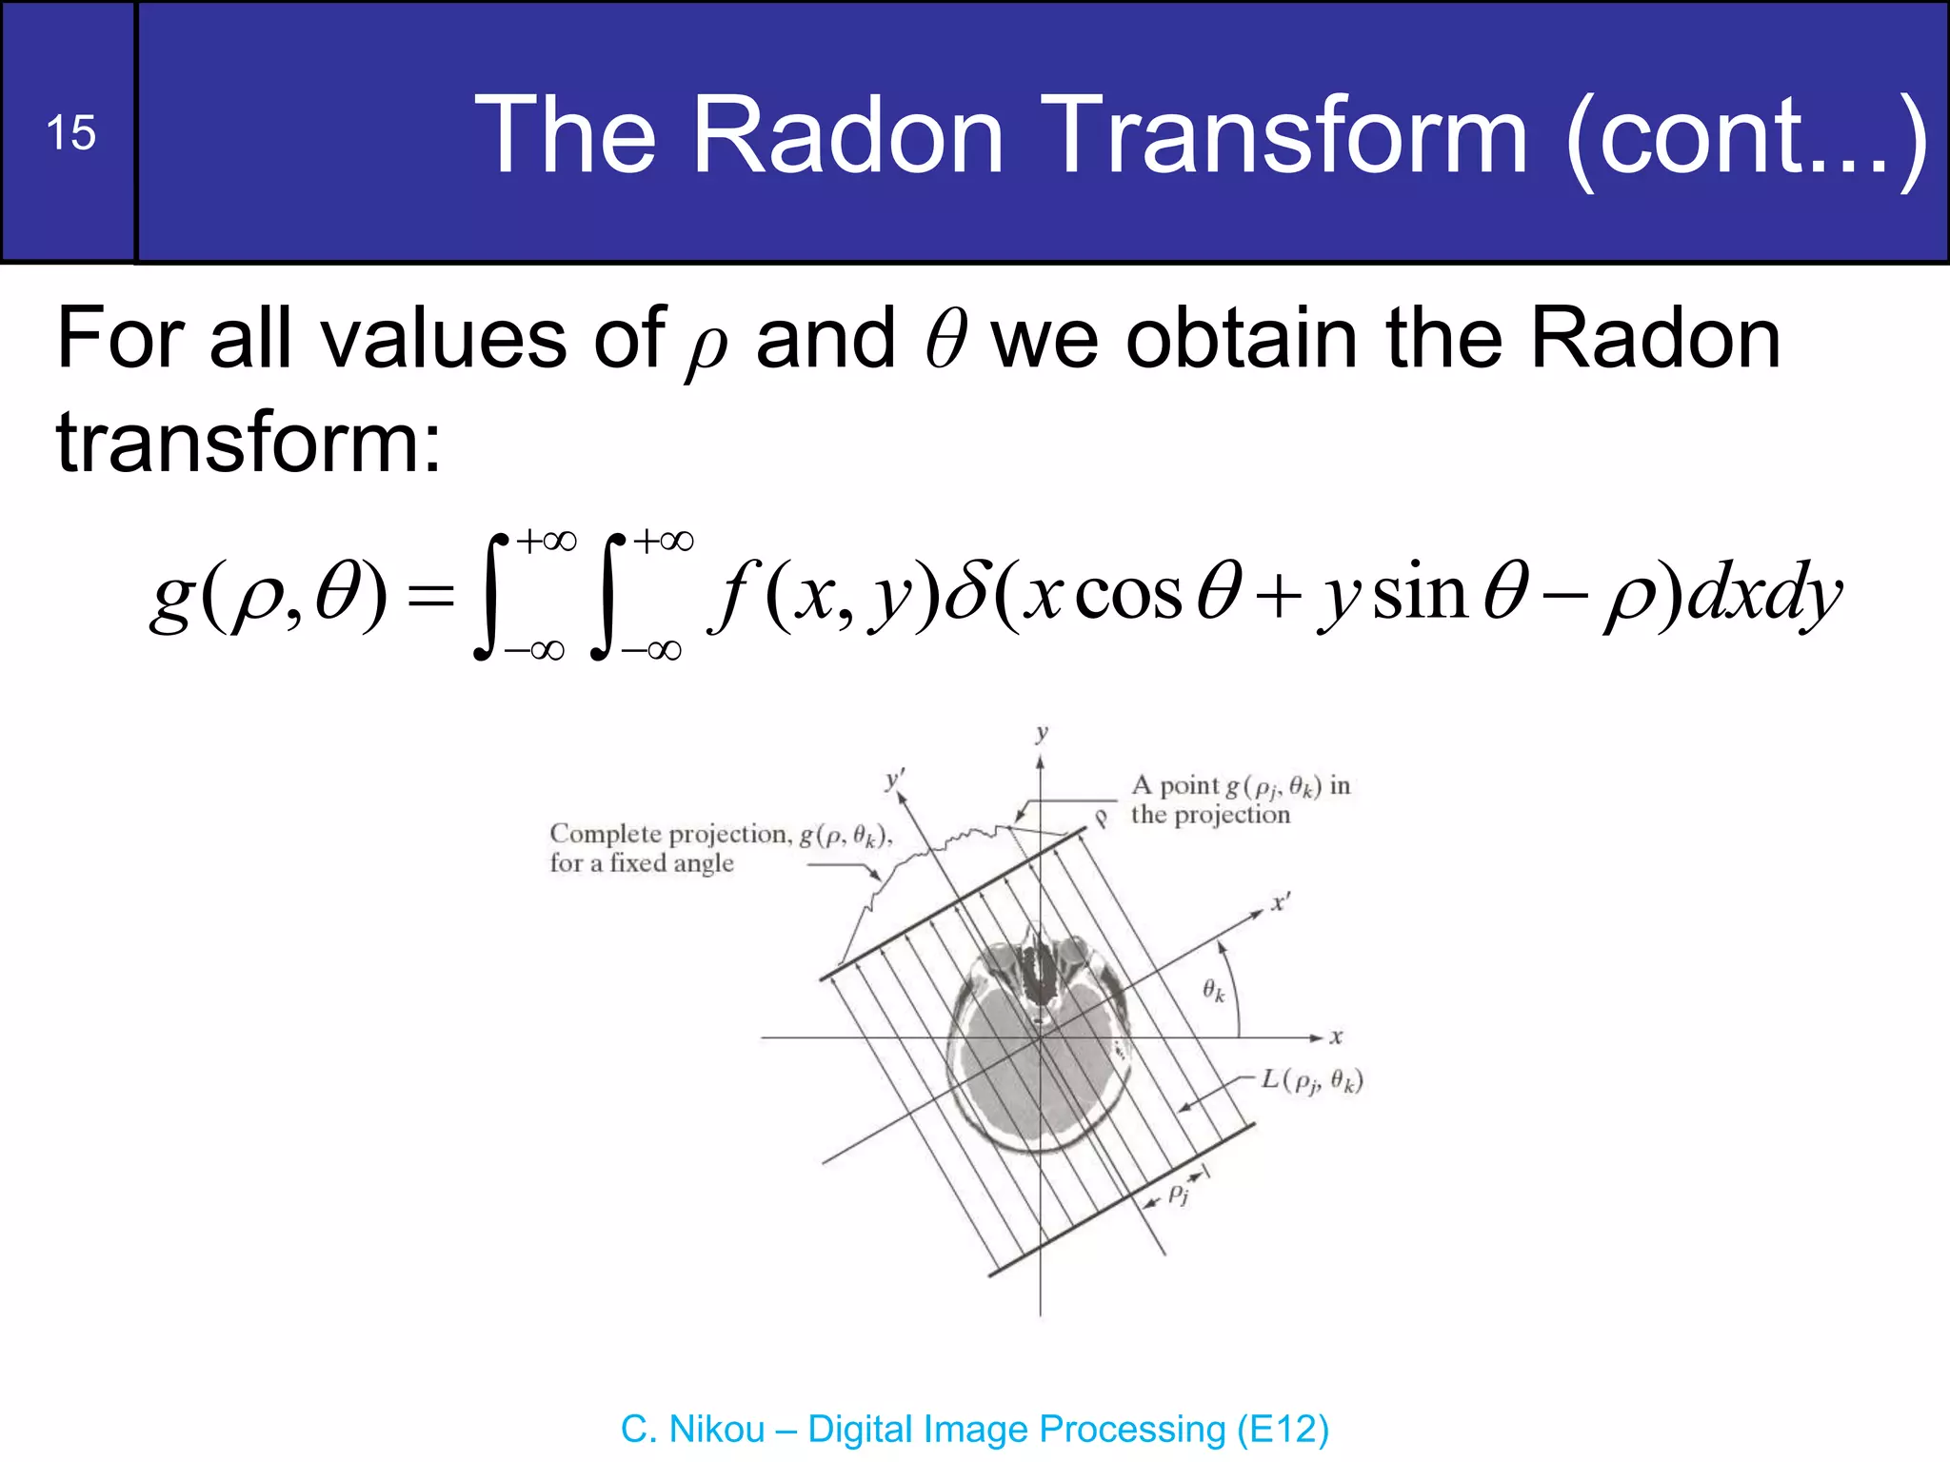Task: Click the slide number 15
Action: pyautogui.click(x=70, y=132)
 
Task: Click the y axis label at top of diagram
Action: pyautogui.click(x=1041, y=732)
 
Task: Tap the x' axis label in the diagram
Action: pyautogui.click(x=1282, y=901)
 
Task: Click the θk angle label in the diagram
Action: pyautogui.click(x=1213, y=990)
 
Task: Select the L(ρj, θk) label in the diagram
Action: pyautogui.click(x=1312, y=1080)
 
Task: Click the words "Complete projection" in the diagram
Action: pyautogui.click(x=669, y=834)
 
